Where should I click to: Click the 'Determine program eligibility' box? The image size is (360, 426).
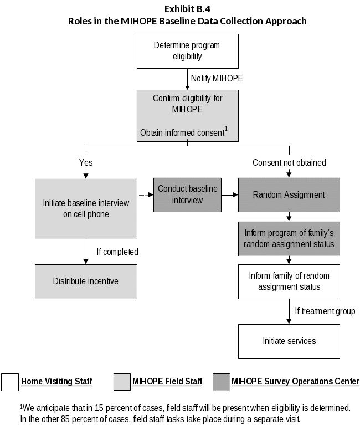pos(187,51)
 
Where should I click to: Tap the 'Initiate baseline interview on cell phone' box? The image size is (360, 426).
pos(86,209)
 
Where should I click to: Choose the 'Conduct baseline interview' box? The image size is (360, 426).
pos(187,194)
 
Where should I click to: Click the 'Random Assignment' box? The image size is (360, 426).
pos(289,195)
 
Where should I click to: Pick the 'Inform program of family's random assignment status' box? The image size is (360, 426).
pos(289,239)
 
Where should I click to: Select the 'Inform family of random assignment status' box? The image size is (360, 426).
pos(289,281)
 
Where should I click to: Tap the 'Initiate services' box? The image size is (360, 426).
pos(289,341)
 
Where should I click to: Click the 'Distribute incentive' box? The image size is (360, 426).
pos(86,281)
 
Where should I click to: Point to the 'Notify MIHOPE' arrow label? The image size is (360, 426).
pos(217,79)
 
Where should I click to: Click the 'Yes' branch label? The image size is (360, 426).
pos(86,163)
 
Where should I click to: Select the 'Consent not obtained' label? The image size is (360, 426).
pos(289,163)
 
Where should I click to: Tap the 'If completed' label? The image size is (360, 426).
pos(117,252)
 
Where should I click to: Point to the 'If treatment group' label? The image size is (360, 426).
pos(325,311)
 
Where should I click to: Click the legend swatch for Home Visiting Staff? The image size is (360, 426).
pos(10,382)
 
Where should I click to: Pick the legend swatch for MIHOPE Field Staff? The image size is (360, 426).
pos(122,382)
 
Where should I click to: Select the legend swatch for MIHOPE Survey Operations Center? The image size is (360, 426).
pos(221,382)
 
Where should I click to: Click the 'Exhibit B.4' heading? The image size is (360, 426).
pos(187,9)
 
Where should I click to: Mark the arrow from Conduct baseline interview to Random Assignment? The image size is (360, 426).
pos(229,195)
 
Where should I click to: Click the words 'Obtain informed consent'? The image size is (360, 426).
pos(182,133)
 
